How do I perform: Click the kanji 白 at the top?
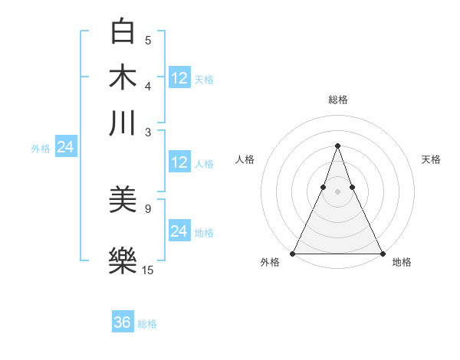tap(123, 32)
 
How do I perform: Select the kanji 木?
tap(123, 77)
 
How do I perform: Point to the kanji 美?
tap(123, 201)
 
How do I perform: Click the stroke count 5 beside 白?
tap(148, 41)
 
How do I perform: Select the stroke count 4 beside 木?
tap(148, 86)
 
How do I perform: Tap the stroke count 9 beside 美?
tap(148, 208)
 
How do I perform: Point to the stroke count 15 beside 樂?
tap(148, 270)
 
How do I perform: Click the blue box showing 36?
tap(123, 322)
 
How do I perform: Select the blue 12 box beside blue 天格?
tap(179, 78)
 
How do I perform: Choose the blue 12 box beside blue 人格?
tap(179, 162)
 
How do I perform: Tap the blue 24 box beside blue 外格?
tap(65, 147)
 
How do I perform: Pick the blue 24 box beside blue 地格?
tap(179, 231)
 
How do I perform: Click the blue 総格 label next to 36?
tap(147, 324)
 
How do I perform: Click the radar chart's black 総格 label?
tap(337, 100)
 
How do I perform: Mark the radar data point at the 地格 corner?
tap(382, 253)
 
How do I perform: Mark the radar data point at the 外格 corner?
tap(293, 253)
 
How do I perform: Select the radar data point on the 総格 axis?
tap(337, 146)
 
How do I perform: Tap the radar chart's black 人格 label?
tap(245, 159)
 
